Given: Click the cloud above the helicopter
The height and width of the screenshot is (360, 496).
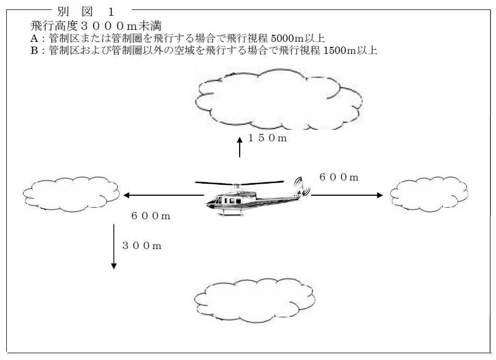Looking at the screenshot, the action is [x=278, y=99].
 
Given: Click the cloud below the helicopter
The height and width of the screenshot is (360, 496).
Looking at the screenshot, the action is [x=254, y=300].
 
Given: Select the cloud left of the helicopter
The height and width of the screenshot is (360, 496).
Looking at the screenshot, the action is [x=71, y=194].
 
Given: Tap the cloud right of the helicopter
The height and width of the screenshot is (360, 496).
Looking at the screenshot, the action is [x=429, y=194].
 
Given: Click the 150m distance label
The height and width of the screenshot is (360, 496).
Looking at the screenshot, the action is [x=267, y=138].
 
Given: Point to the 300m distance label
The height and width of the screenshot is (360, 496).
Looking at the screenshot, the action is [x=142, y=246].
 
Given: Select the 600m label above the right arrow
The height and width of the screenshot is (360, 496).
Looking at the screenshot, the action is [x=339, y=177].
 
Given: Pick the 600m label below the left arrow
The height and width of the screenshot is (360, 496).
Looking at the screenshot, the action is [x=151, y=216].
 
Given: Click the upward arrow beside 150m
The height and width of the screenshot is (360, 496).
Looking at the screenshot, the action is [x=240, y=147].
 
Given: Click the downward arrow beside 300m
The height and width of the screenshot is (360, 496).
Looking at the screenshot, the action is [x=114, y=247].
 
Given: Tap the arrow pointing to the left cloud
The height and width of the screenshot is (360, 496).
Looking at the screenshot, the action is [x=164, y=195].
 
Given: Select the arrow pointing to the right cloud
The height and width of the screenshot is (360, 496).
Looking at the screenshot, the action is [x=347, y=195].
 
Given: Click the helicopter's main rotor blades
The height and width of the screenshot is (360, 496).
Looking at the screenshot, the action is [x=239, y=183].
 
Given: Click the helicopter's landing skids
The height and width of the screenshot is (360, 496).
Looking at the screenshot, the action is [x=231, y=213].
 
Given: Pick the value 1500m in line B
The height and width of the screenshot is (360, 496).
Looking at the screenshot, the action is [x=340, y=51].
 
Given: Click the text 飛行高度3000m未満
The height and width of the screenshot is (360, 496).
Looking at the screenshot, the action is [x=96, y=25].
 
